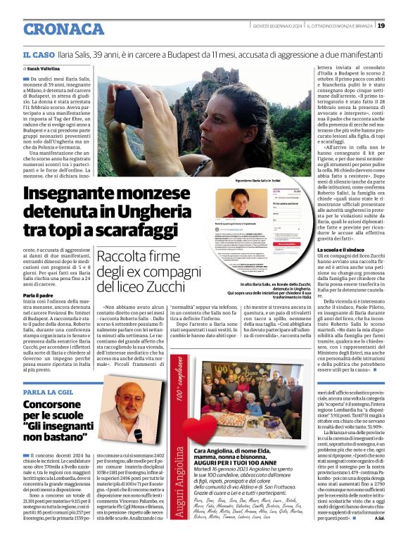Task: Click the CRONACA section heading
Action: click(63, 29)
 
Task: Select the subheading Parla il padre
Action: click(40, 294)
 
